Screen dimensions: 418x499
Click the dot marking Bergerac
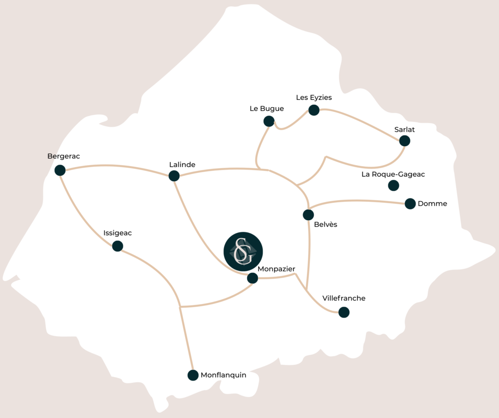[x=60, y=170]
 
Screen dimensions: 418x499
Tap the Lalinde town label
[x=182, y=165]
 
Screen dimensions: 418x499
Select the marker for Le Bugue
[x=269, y=121]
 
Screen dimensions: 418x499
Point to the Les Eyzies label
[x=314, y=97]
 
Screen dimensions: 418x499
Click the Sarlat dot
[x=404, y=141]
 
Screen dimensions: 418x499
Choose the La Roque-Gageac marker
[x=393, y=185]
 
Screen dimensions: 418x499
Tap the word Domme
[x=432, y=204]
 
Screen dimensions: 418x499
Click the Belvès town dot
[x=308, y=214]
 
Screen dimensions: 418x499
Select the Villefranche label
[x=344, y=298]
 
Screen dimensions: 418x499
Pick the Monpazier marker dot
[x=252, y=278]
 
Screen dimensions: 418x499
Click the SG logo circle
[x=243, y=251]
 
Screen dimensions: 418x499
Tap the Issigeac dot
[x=117, y=246]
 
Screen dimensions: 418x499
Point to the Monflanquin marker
[x=193, y=375]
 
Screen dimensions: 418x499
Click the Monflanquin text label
[x=223, y=375]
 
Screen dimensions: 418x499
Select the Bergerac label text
[x=63, y=156]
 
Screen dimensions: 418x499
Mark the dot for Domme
[x=410, y=204]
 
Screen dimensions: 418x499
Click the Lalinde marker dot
[x=174, y=176]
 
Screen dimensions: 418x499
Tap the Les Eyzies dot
[x=314, y=110]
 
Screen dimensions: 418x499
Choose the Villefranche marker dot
[x=344, y=312]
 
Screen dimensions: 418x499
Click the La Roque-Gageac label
[x=393, y=174]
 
